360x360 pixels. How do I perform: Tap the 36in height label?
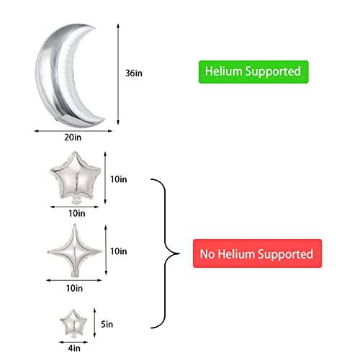134,73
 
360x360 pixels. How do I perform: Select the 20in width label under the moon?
73,138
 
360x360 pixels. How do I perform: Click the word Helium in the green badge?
223,71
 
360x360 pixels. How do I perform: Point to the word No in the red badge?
207,254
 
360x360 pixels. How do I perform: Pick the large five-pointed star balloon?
76,178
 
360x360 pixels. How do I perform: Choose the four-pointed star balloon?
75,251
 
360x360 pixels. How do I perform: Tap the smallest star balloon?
73,323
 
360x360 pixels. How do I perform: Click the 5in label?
107,324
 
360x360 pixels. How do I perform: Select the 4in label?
74,348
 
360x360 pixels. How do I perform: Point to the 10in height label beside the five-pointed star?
119,179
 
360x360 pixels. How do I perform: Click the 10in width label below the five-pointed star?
77,213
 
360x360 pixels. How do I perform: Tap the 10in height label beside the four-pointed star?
119,251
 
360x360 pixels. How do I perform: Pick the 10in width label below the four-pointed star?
74,288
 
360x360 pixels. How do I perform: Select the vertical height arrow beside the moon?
118,74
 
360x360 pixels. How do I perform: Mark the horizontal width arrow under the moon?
73,131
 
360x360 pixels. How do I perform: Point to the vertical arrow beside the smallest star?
94,323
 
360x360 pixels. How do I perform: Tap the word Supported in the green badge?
273,72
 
